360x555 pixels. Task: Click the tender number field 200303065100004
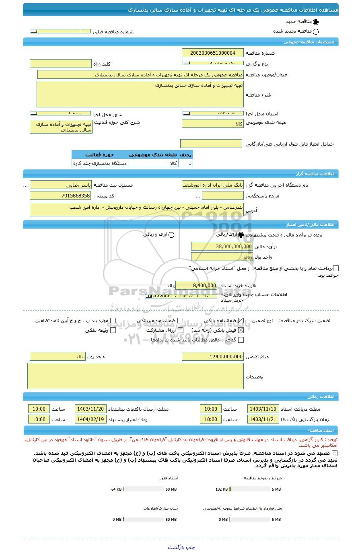coord(212,53)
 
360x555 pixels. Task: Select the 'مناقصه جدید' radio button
coord(315,22)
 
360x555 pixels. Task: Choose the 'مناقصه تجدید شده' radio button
coord(315,32)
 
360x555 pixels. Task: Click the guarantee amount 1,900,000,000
coord(212,357)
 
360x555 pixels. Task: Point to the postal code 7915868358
coord(61,196)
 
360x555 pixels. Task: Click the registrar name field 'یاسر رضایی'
coord(61,185)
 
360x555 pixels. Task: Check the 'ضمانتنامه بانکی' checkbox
coord(241,321)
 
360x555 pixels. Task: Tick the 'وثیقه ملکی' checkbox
coord(113,331)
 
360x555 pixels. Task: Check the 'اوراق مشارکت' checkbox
coord(180,331)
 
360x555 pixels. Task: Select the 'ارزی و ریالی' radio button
coord(171,235)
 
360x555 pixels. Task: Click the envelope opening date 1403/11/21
coord(263,419)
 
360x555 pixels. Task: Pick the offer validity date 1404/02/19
coord(90,419)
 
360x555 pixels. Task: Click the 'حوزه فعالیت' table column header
coord(100,155)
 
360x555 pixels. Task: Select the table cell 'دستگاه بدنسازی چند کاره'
coord(100,163)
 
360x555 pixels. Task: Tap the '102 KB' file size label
coord(222,489)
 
